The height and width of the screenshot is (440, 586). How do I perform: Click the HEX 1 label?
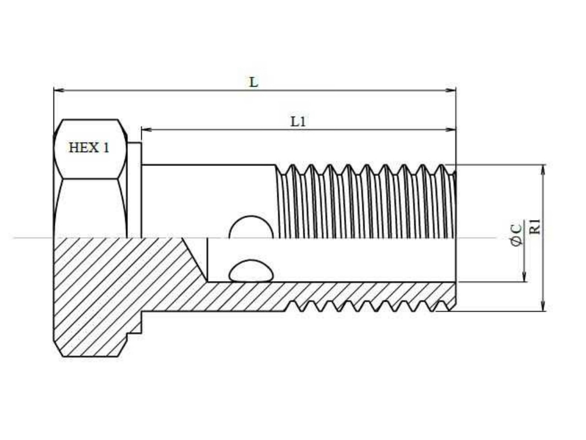pos(89,148)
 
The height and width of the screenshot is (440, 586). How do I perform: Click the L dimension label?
pos(253,82)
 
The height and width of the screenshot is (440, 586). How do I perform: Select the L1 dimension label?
pos(298,122)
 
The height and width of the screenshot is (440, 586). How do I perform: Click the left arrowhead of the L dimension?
pos(59,90)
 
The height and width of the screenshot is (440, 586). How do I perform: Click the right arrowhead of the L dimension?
pos(450,90)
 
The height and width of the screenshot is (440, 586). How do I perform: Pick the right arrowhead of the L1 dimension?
pos(450,130)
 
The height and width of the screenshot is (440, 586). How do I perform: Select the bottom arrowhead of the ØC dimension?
pos(524,276)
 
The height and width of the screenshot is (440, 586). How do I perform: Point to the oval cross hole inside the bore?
pos(251,271)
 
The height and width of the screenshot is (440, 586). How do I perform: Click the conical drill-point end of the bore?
pos(195,260)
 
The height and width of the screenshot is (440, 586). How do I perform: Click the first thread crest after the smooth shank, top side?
pos(293,166)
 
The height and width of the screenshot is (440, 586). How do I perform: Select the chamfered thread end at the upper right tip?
pos(454,174)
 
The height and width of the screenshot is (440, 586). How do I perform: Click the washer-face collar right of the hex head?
pos(134,190)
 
